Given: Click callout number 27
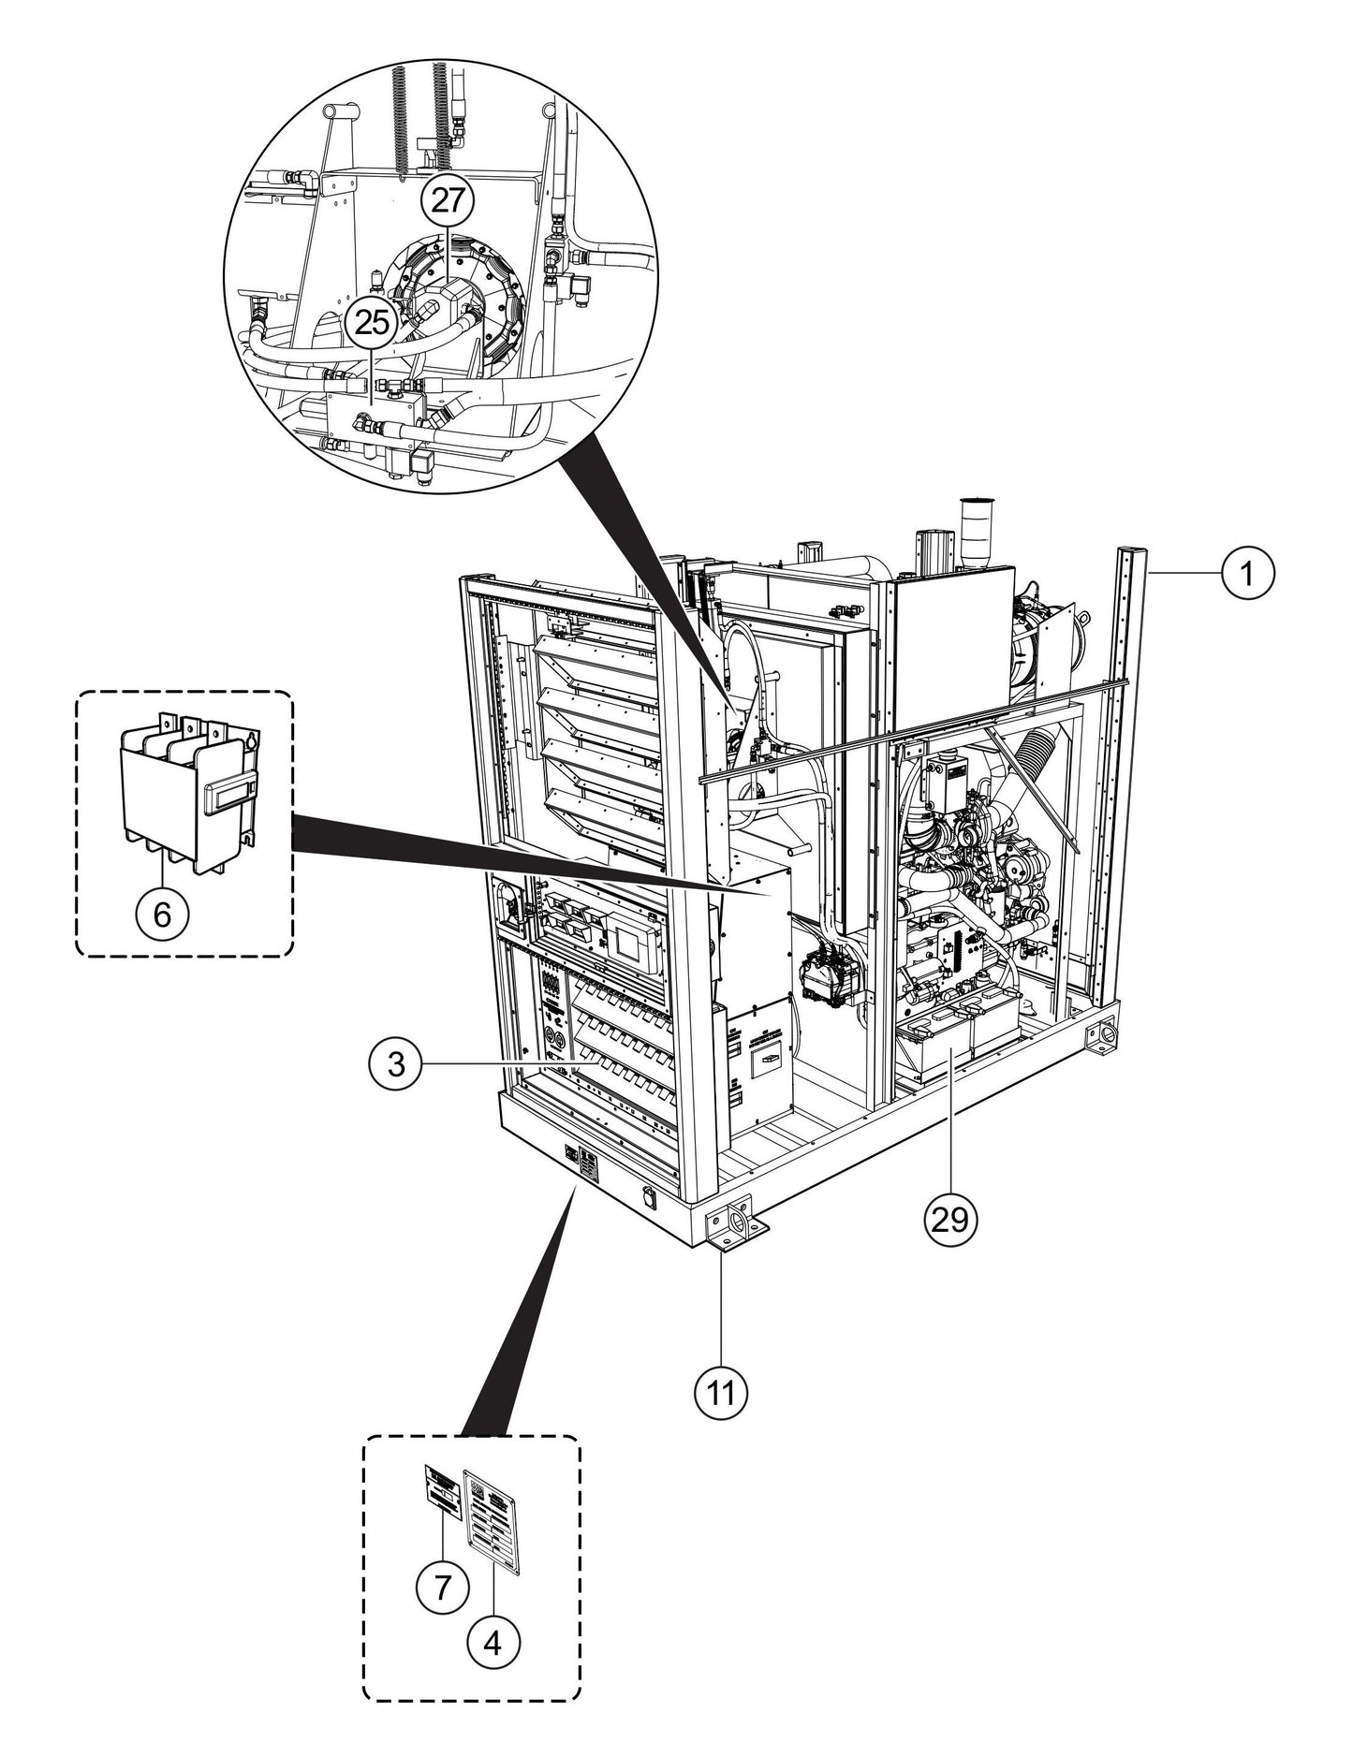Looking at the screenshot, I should tap(447, 200).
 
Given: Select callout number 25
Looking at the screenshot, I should tap(371, 322).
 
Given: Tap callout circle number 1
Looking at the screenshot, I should tap(1247, 572).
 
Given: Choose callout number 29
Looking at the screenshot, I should tap(950, 1217).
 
